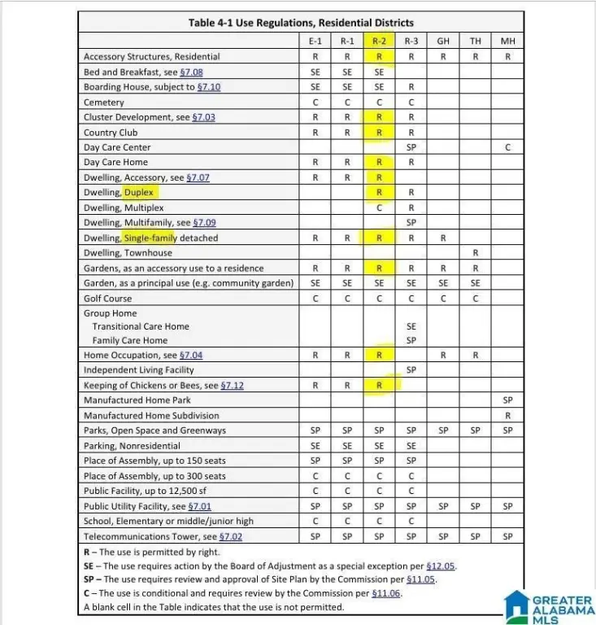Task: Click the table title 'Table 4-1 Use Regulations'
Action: [301, 23]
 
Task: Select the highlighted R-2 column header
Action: [379, 41]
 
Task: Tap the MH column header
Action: [507, 41]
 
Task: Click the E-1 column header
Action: [315, 41]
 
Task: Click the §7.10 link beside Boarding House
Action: [209, 87]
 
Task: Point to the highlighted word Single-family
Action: [150, 238]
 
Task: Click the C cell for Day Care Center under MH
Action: [507, 147]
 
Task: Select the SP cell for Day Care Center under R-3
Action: [411, 147]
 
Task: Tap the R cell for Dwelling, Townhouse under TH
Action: [475, 253]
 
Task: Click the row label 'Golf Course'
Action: [107, 299]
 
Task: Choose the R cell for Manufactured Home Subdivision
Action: [507, 415]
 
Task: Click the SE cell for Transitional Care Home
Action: [411, 326]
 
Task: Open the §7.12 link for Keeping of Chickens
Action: [232, 385]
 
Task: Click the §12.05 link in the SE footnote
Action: [443, 566]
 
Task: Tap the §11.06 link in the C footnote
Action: [386, 593]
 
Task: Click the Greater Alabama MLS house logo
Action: [517, 606]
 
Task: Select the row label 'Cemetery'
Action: [104, 103]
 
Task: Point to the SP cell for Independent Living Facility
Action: [411, 369]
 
